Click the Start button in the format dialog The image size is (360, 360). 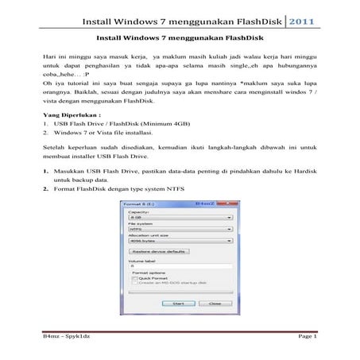coord(179,303)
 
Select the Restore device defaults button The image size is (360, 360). coord(160,250)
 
